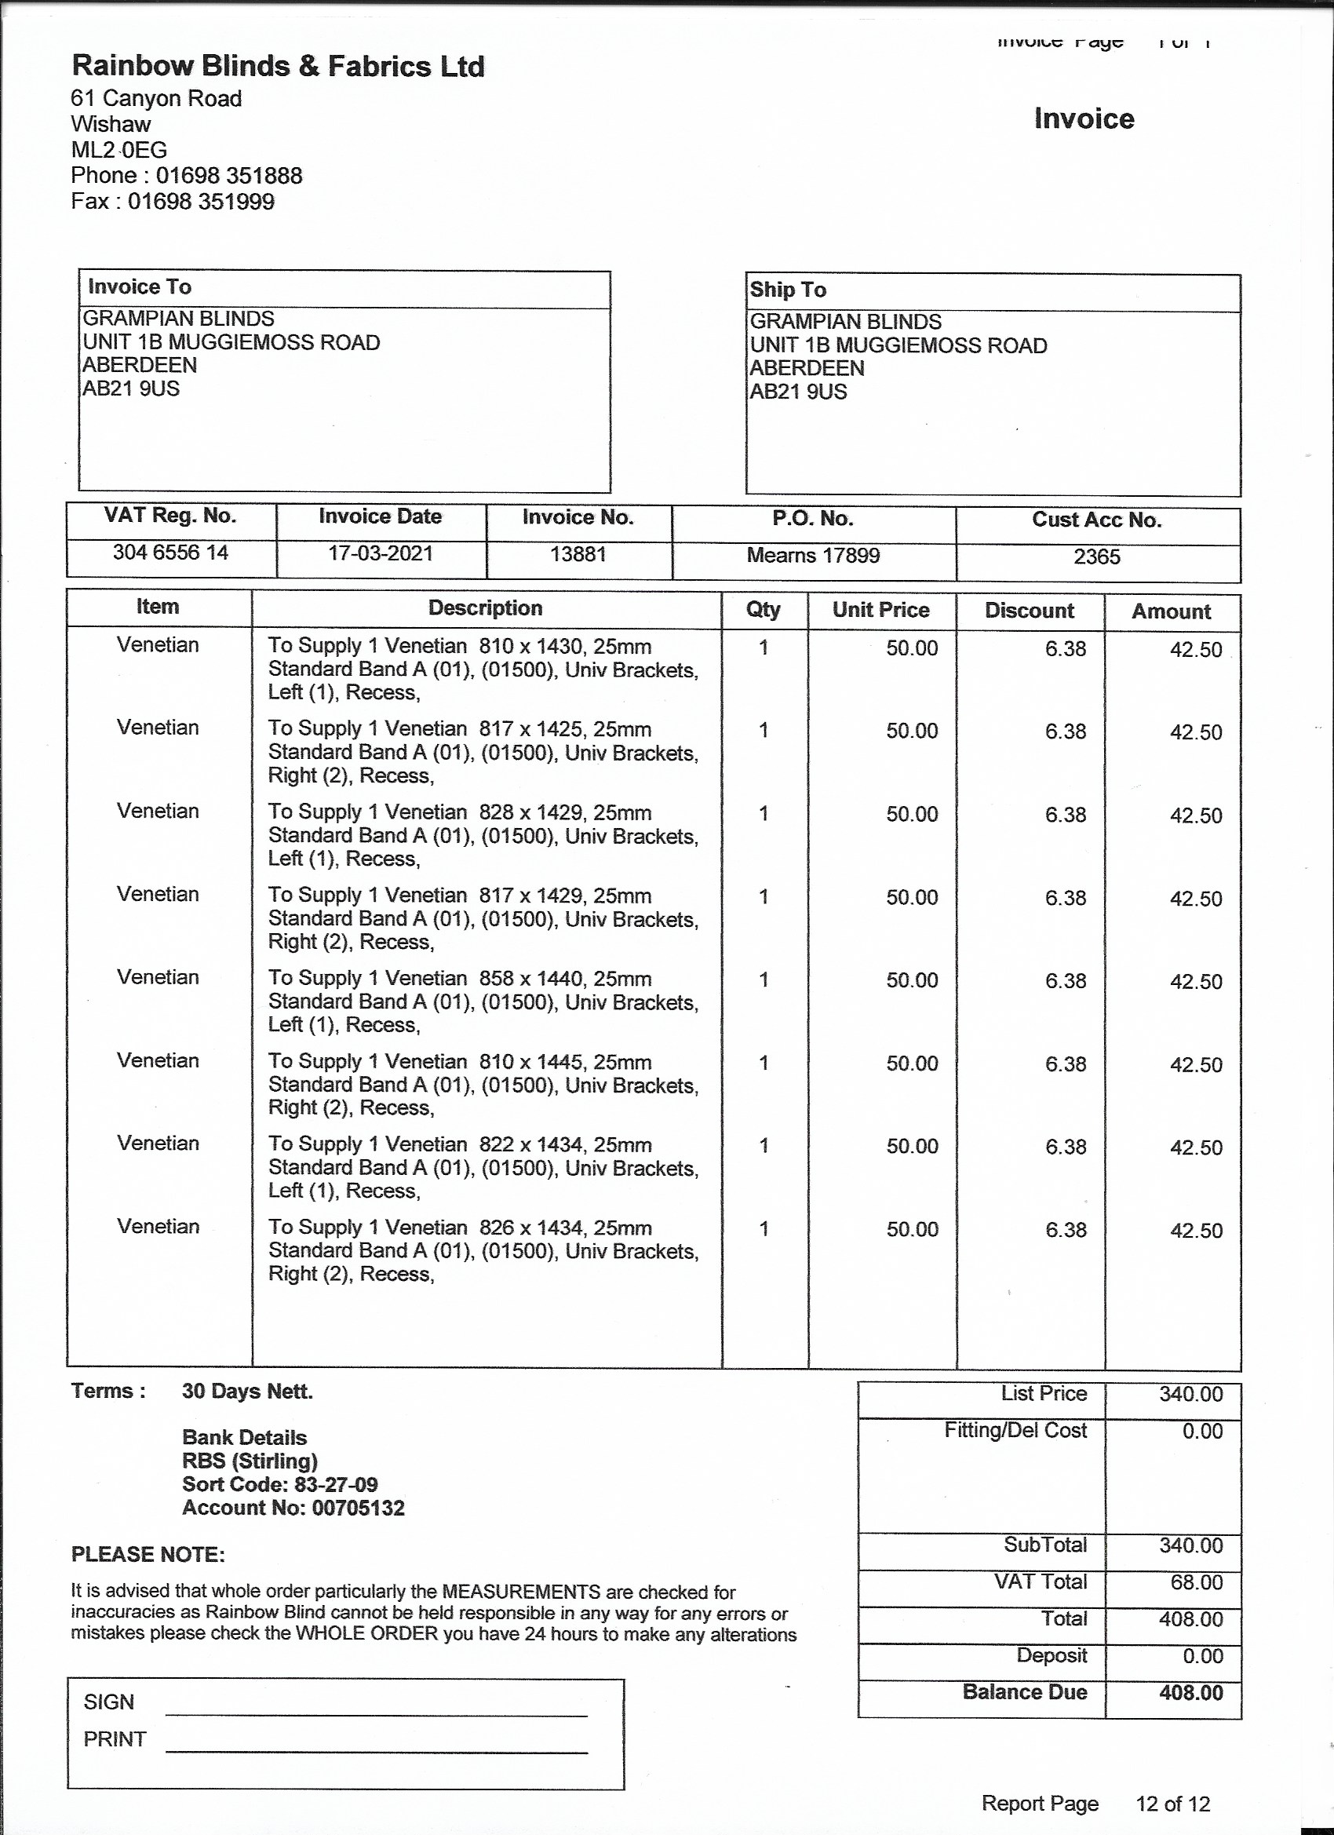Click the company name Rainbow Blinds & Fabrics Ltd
pyautogui.click(x=278, y=67)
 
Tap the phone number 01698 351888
pyautogui.click(x=229, y=176)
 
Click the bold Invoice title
pyautogui.click(x=1083, y=119)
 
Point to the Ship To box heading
pyautogui.click(x=787, y=290)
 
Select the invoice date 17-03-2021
pyautogui.click(x=381, y=553)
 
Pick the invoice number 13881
pyautogui.click(x=578, y=554)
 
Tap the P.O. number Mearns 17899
pyautogui.click(x=812, y=555)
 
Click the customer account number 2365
pyautogui.click(x=1096, y=556)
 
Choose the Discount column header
pyautogui.click(x=1029, y=611)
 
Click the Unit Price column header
pyautogui.click(x=880, y=610)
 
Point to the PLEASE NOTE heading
pyautogui.click(x=148, y=1555)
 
